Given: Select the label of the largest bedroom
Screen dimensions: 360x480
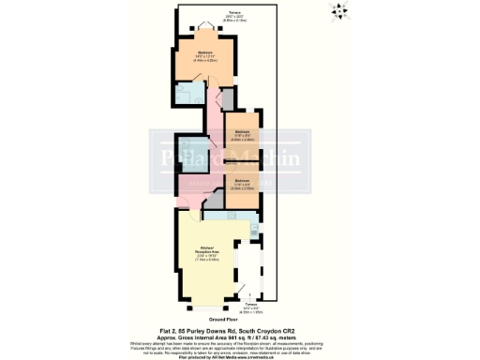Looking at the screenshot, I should point(204,53).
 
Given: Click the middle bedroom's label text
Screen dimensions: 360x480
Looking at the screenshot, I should point(242,133).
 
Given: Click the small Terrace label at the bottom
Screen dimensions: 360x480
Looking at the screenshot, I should point(250,307).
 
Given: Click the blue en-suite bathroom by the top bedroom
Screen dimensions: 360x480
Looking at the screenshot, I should point(190,93).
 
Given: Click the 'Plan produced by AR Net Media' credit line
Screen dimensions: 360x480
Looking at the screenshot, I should point(240,356).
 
